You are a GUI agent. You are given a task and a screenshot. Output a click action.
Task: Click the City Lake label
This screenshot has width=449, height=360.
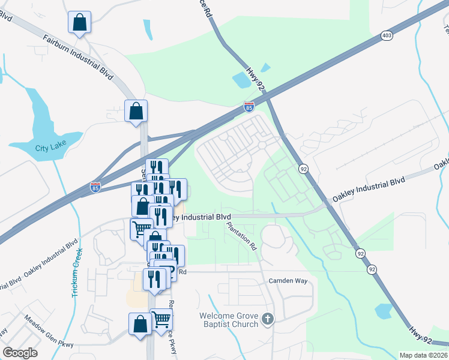pos(49,148)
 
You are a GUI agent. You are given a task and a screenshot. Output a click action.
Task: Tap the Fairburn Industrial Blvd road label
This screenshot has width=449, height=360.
pos(78,58)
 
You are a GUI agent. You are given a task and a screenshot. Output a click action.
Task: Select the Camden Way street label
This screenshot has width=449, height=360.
pos(288,280)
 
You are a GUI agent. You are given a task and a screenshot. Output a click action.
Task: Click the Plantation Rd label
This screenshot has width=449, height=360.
pos(242,236)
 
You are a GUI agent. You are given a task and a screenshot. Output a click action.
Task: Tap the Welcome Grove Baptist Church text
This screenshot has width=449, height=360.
pos(229,320)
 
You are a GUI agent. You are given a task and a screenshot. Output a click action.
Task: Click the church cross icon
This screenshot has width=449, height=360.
pos(268,319)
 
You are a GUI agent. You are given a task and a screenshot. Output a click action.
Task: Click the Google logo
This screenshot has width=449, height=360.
pos(20,352)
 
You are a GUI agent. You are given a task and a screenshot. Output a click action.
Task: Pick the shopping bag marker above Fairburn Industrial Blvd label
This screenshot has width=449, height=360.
pos(79,23)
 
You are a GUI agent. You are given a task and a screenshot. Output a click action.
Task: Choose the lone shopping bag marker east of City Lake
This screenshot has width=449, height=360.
pos(136,111)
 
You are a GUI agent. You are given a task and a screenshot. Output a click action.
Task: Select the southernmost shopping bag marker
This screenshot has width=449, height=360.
pos(140,324)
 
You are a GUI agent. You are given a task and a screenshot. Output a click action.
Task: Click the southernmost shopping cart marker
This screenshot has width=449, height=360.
pos(161,319)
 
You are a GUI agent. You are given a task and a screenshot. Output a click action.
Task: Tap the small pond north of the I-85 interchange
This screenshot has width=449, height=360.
pos(241,79)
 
